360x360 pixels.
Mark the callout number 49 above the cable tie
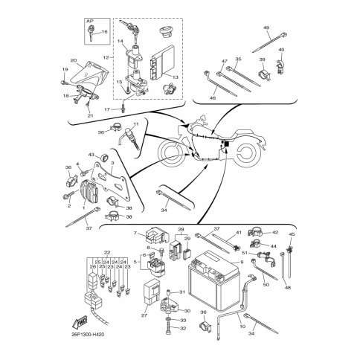pyautogui.click(x=266, y=28)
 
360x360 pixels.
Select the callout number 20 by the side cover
pyautogui.click(x=74, y=61)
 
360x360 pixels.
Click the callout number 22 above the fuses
pyautogui.click(x=106, y=254)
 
